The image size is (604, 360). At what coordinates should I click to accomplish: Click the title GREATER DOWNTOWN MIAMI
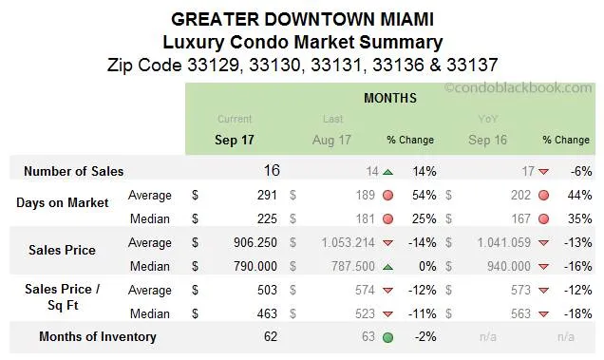(x=302, y=19)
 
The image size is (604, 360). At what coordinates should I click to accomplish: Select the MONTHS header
(x=389, y=98)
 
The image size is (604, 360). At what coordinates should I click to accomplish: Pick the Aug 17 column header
(x=331, y=140)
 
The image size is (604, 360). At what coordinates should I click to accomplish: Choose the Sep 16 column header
(x=488, y=140)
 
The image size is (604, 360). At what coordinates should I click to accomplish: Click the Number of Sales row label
(x=73, y=171)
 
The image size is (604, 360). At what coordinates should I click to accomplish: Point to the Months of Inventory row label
(x=98, y=336)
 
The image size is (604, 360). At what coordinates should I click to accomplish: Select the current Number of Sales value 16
(x=272, y=171)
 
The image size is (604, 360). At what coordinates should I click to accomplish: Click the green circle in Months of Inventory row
(x=387, y=336)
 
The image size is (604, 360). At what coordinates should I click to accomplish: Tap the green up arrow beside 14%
(x=387, y=172)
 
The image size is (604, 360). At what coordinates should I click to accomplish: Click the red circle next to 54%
(x=387, y=196)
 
